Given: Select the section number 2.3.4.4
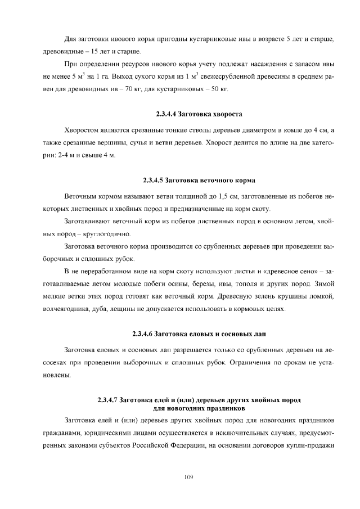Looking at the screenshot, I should [160, 115].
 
